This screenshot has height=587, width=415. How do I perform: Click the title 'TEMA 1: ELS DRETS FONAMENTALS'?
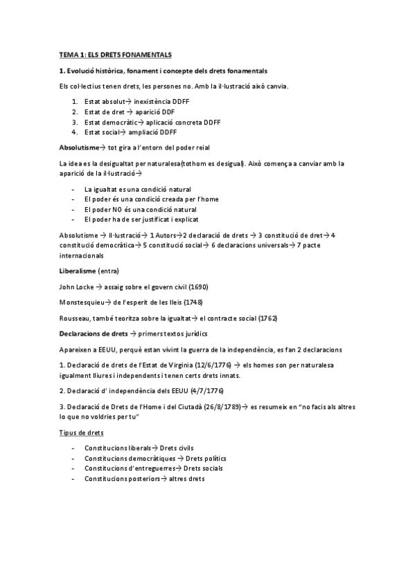(x=114, y=54)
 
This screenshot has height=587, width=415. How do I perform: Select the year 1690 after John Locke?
(x=196, y=287)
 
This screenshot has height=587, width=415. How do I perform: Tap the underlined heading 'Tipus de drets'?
(x=82, y=433)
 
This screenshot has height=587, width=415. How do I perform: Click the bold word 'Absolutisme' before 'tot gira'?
(x=79, y=147)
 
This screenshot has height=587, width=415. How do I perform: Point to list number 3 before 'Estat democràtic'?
(x=74, y=122)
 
